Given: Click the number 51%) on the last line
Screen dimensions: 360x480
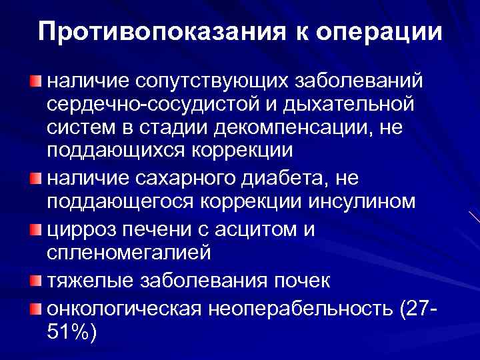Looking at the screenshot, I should pyautogui.click(x=72, y=331).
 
